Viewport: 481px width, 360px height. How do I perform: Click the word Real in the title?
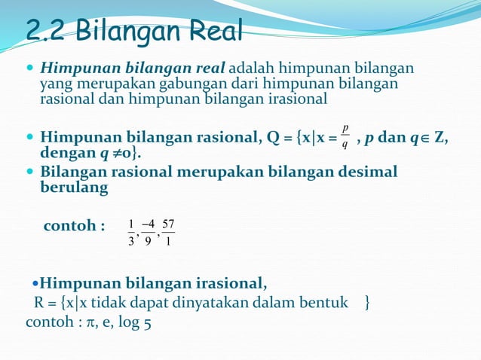pos(215,32)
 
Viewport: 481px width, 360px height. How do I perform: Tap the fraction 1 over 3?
pos(131,233)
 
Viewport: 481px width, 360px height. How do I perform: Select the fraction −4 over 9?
pos(149,233)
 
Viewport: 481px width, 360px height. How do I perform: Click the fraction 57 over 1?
pos(168,233)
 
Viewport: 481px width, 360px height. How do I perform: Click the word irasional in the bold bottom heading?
pos(219,283)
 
